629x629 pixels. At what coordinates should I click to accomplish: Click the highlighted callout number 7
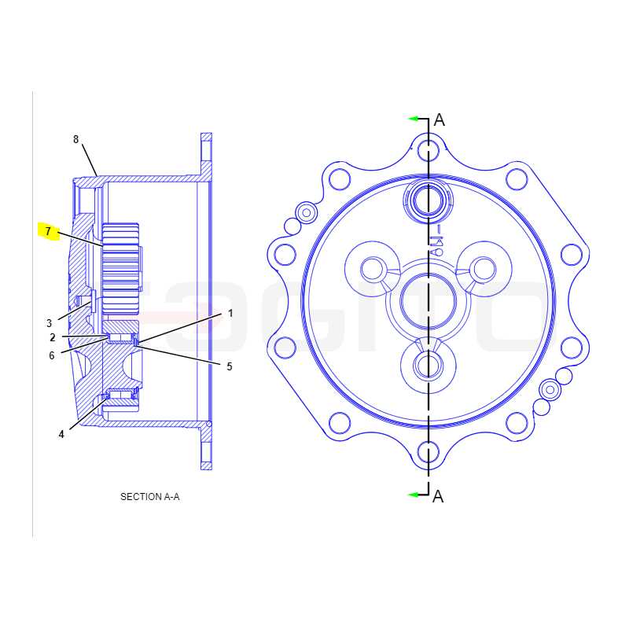coord(48,231)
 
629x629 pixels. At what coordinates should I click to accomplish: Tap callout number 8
coord(75,139)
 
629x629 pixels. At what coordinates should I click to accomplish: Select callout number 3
coord(49,323)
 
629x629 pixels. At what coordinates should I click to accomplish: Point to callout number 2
coord(53,337)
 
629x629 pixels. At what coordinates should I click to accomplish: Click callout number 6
coord(51,355)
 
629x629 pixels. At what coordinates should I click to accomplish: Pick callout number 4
coord(61,434)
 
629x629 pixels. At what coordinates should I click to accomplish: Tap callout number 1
coord(230,313)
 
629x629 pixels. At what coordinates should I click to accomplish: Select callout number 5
coord(230,366)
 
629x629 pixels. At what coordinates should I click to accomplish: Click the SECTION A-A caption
coord(150,497)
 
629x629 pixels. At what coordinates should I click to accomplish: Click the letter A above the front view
coord(440,120)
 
